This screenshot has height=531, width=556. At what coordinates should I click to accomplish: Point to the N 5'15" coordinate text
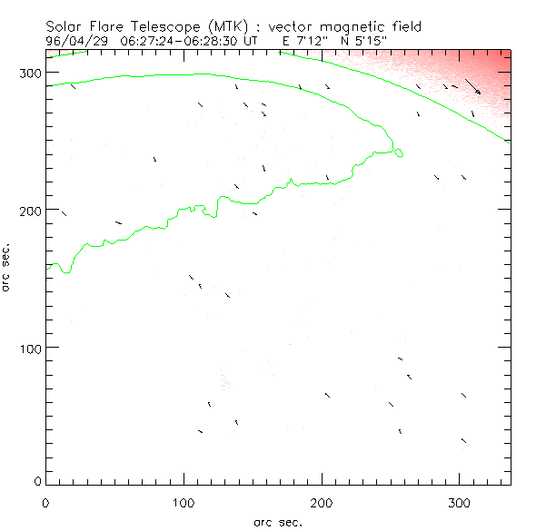(x=368, y=41)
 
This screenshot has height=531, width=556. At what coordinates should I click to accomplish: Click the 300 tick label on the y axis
(x=29, y=73)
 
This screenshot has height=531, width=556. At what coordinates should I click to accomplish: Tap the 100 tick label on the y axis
(x=29, y=348)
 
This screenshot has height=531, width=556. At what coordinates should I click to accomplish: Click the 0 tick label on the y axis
(x=36, y=480)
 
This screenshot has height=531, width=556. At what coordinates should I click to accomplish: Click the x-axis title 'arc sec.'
(x=278, y=522)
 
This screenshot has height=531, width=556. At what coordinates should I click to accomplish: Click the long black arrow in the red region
(x=472, y=86)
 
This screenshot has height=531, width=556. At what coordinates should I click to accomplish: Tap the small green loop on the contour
(x=399, y=152)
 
